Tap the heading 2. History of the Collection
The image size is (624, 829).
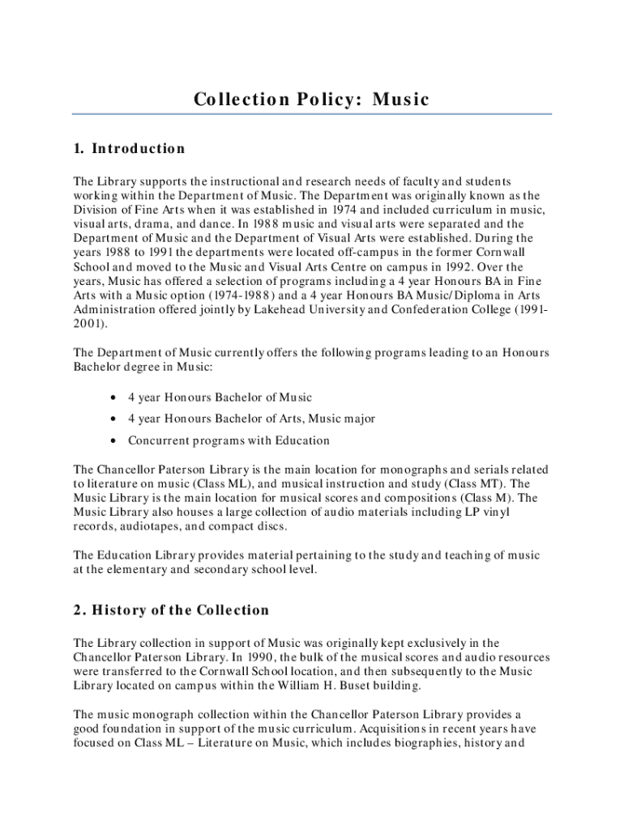point(171,610)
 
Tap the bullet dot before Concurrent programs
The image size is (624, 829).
point(111,441)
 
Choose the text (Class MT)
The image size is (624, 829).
point(478,483)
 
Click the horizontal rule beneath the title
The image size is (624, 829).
point(312,113)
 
